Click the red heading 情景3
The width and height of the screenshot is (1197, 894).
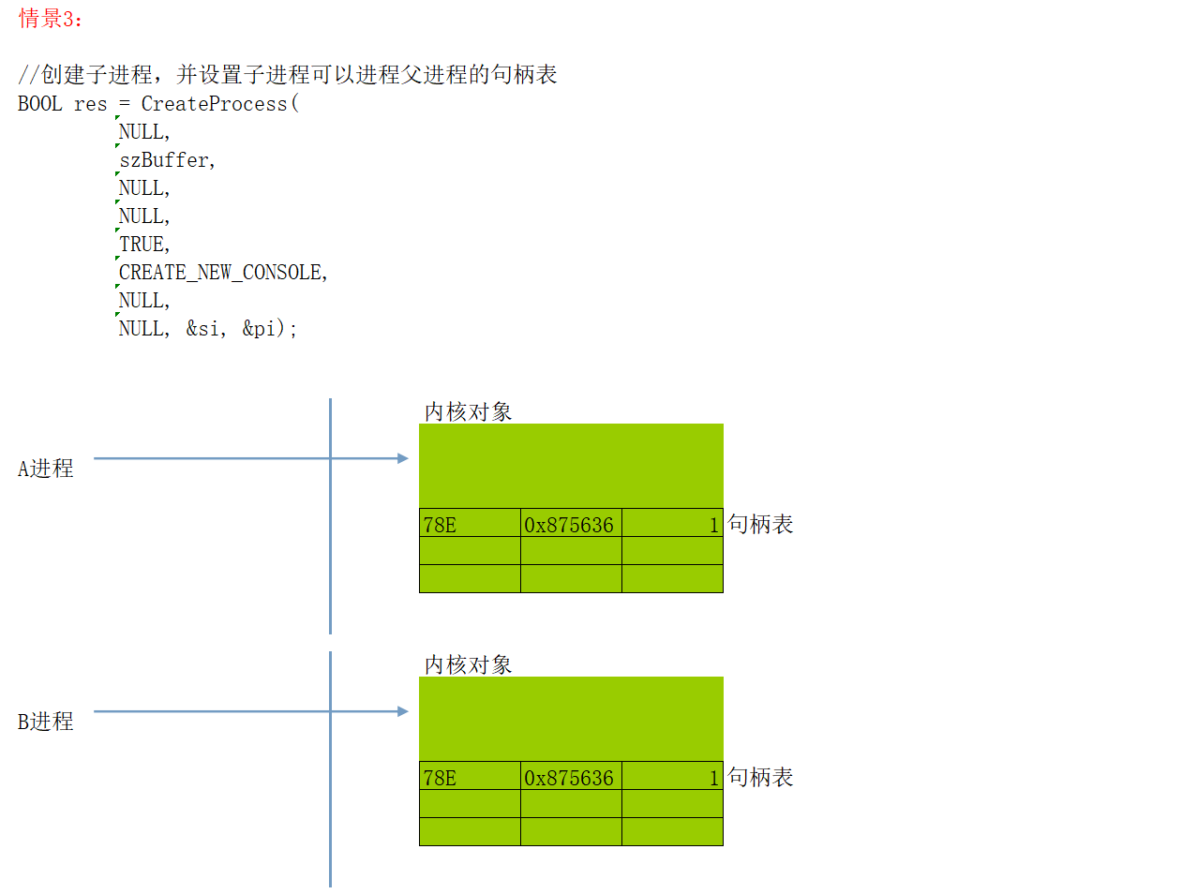click(50, 19)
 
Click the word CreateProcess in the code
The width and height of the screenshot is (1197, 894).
click(214, 104)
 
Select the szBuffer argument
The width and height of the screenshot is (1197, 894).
click(164, 160)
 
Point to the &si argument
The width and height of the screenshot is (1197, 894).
click(203, 329)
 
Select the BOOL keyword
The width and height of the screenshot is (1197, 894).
click(39, 104)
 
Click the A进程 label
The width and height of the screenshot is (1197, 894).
click(45, 469)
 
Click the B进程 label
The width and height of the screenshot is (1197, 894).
click(45, 722)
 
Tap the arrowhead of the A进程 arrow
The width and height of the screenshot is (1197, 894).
click(403, 458)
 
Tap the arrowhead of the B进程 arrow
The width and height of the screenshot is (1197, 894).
click(403, 711)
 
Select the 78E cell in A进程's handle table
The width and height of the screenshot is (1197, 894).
click(440, 525)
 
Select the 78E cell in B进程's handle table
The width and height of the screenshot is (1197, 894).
click(440, 778)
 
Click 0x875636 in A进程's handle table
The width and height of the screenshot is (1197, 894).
click(569, 525)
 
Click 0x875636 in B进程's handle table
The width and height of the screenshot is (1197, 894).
click(569, 778)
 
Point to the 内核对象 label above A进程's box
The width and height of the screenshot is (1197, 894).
click(468, 412)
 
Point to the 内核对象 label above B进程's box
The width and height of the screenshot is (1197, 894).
click(468, 665)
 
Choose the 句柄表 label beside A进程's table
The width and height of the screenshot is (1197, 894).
click(760, 524)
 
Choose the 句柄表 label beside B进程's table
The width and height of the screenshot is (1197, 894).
click(760, 777)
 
